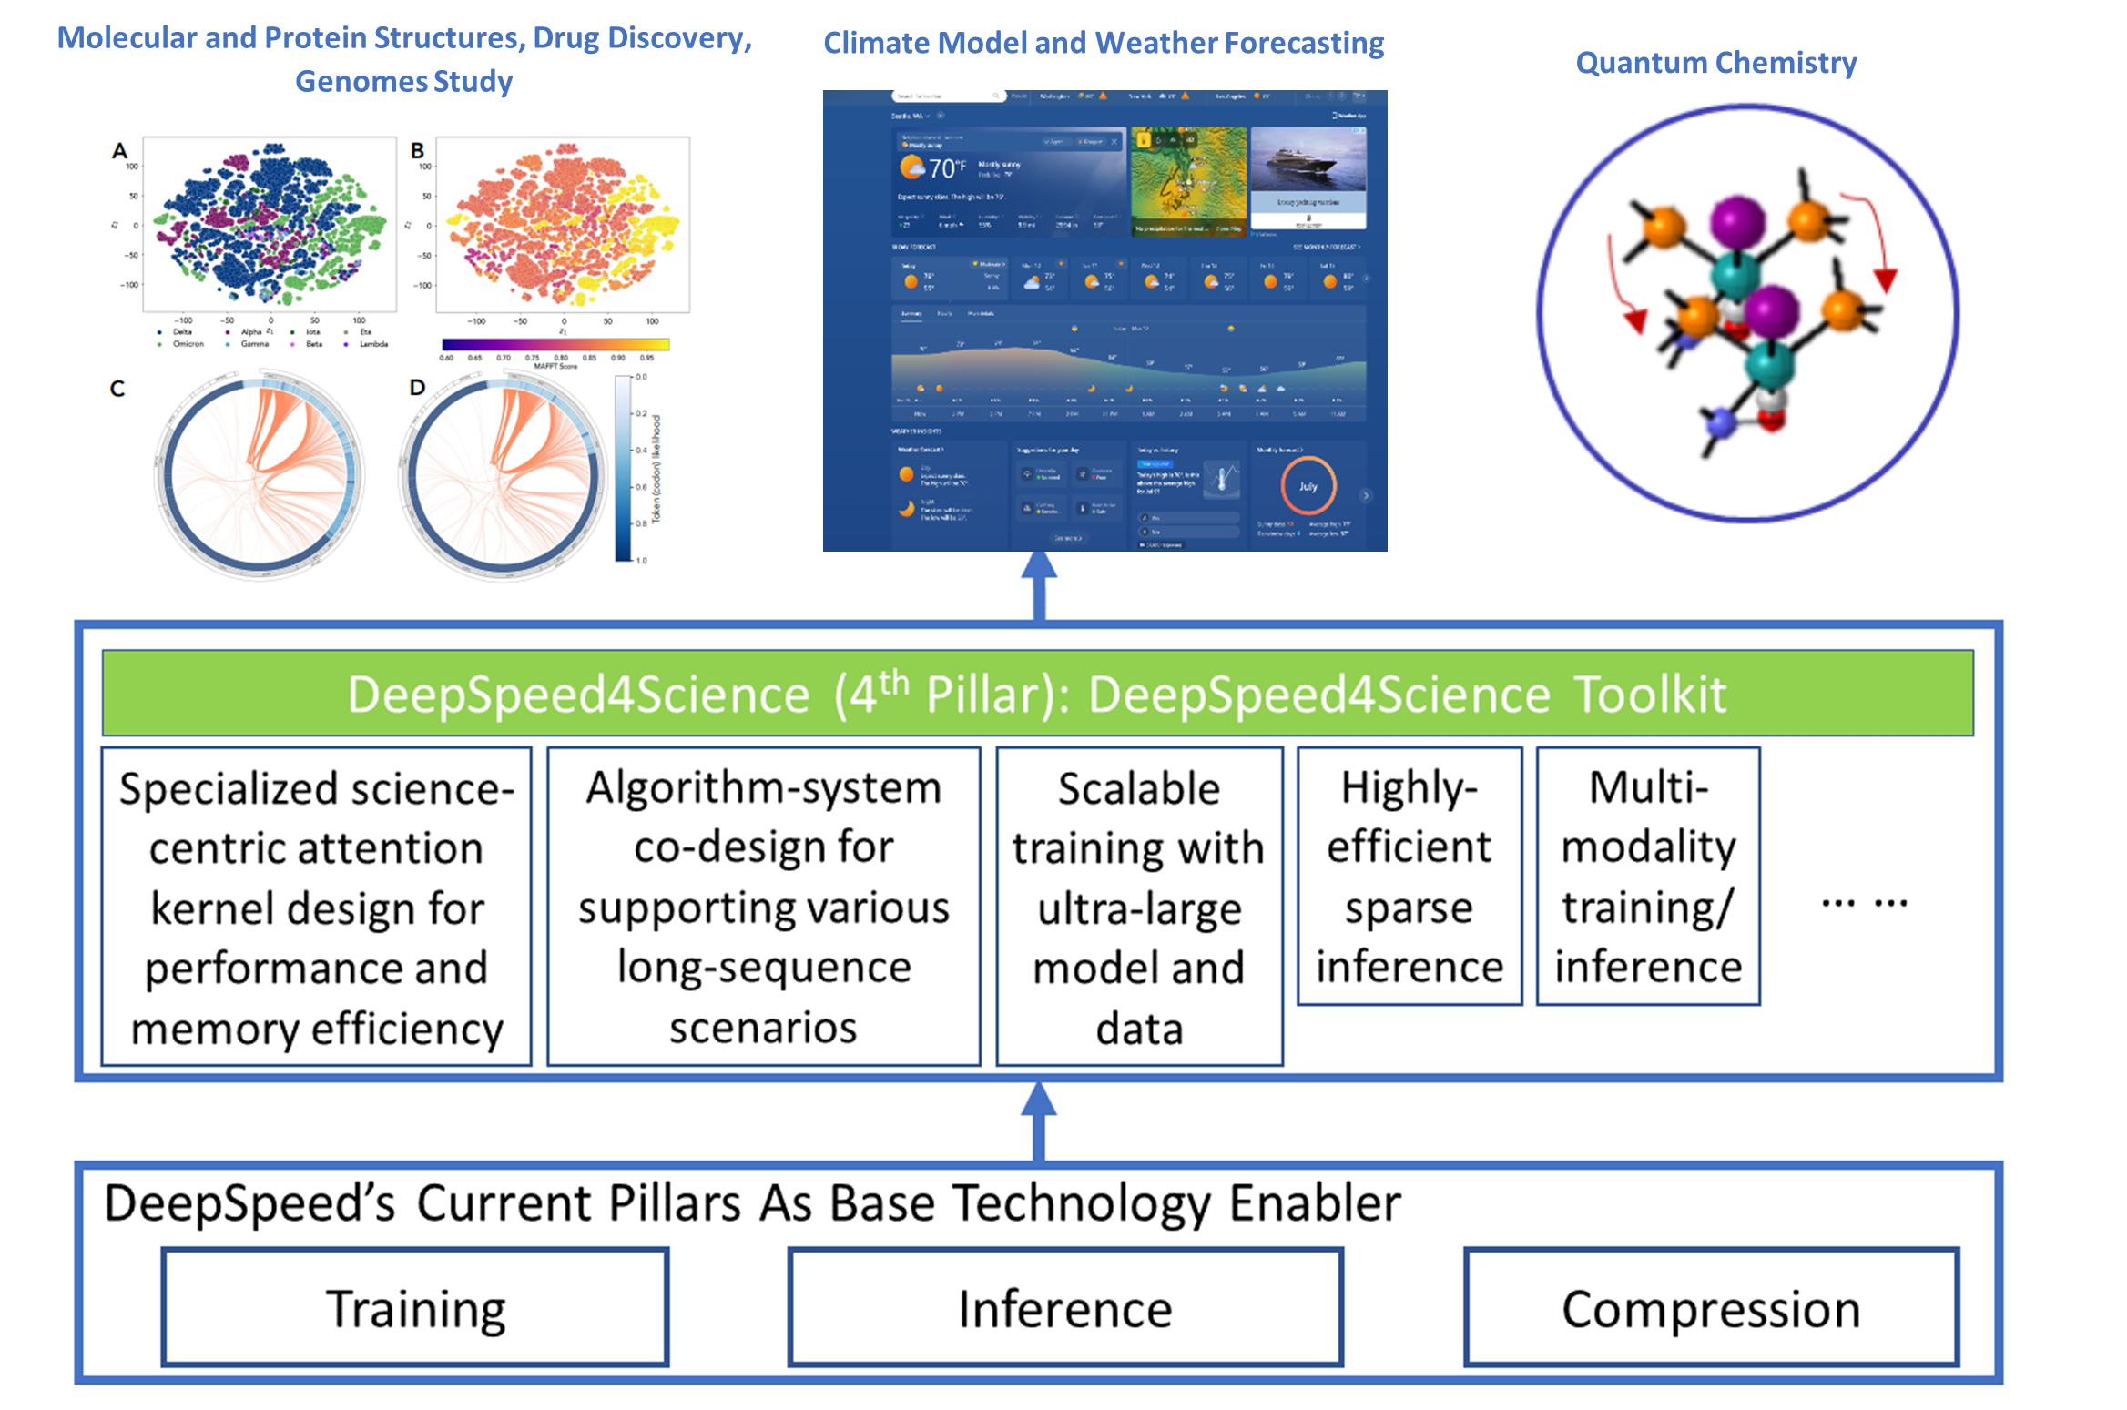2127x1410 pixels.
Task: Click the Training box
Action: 415,1307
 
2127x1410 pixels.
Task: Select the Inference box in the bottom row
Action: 1065,1307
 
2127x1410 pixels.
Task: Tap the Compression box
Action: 1711,1307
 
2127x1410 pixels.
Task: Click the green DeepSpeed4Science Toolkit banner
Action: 1037,693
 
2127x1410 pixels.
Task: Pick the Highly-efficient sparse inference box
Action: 1409,876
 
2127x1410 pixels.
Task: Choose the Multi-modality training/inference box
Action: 1648,876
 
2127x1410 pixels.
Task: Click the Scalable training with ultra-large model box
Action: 1139,906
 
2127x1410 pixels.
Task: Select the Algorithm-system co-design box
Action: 763,906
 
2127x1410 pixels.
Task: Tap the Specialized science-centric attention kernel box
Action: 316,906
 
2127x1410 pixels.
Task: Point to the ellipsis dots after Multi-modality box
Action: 1864,903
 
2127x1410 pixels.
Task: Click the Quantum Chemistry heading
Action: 1715,63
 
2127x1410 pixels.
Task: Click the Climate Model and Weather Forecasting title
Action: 1104,43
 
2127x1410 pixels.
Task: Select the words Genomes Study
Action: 403,82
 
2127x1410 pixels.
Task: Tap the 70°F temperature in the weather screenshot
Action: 944,168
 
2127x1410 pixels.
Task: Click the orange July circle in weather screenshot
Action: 1308,486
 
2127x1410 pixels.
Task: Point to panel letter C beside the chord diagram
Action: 117,389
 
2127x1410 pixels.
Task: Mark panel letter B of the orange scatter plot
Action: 417,151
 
